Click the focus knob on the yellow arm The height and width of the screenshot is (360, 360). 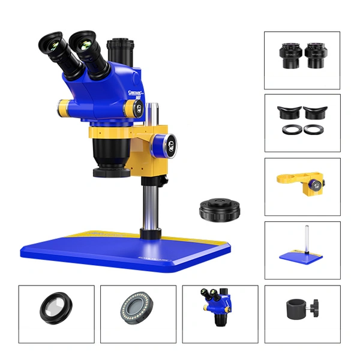[166, 146]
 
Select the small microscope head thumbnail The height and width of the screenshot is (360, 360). [218, 306]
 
